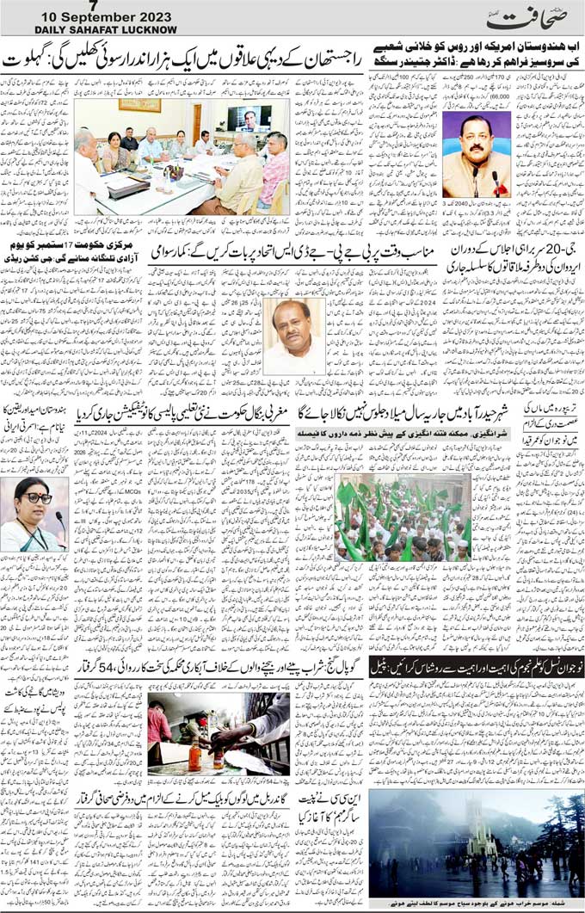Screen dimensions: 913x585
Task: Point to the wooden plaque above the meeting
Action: pyautogui.click(x=139, y=104)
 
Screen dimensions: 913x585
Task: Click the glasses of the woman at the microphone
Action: pyautogui.click(x=34, y=497)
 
